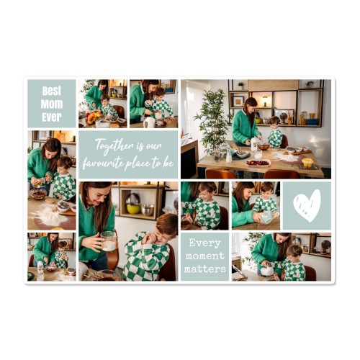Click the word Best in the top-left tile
click(52, 91)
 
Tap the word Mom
click(52, 104)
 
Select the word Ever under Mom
click(52, 117)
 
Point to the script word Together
click(114, 145)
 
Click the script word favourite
click(103, 163)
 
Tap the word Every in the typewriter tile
click(204, 243)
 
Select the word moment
click(204, 256)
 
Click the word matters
click(205, 269)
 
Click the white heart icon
click(307, 206)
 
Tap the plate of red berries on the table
click(258, 163)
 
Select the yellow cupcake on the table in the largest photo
click(307, 163)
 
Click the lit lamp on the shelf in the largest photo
click(265, 100)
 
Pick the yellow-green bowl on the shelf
click(133, 209)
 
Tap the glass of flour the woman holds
click(109, 241)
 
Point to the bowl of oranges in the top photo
click(94, 118)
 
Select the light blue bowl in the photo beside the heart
click(266, 217)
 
